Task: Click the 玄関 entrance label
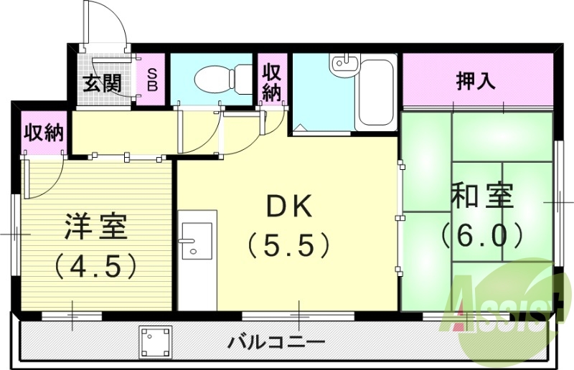point(100,83)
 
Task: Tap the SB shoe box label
point(152,79)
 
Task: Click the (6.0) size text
point(481,234)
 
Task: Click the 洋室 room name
point(95,227)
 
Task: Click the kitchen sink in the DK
point(196,239)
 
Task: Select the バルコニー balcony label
point(276,342)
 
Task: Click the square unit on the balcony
point(156,341)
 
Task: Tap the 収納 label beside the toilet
point(272,82)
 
